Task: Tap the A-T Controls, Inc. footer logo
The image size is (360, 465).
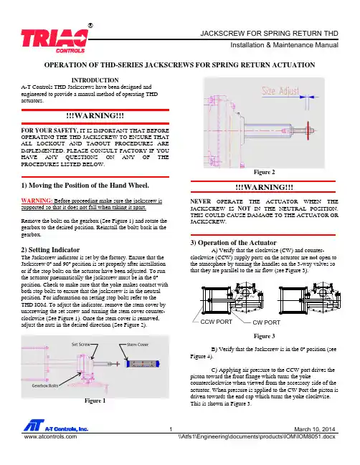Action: pos(56,426)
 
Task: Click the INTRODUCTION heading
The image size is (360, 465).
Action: pos(95,80)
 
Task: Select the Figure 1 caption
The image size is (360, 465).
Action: pos(95,401)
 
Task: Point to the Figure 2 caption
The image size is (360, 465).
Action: pos(264,172)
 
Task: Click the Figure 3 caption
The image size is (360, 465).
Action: pos(264,336)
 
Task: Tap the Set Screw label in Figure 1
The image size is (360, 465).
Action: pos(80,345)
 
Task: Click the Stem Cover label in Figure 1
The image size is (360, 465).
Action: pos(138,345)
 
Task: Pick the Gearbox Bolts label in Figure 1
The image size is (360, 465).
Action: pos(45,385)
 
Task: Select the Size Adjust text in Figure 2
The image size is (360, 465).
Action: pos(280,90)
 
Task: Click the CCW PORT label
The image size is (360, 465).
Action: pos(217,322)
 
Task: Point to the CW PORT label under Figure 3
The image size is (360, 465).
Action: pos(266,322)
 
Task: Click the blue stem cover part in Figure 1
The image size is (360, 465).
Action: pos(143,363)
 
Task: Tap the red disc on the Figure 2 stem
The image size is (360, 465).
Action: pos(308,130)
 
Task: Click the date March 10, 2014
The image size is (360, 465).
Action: pos(315,429)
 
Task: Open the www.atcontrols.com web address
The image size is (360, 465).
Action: pos(50,436)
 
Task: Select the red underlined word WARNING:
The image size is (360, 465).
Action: pos(37,201)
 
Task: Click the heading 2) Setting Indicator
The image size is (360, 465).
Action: pos(50,250)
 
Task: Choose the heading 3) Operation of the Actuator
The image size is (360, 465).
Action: pos(233,243)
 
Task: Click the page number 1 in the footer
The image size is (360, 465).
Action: pos(171,429)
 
